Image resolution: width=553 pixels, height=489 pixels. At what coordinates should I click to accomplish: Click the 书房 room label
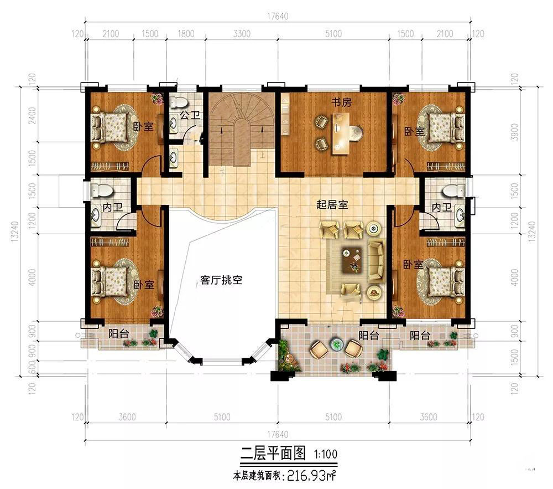(341, 102)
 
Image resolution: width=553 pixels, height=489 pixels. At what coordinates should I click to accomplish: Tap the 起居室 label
(332, 204)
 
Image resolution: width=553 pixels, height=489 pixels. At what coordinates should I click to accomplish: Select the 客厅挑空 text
(221, 280)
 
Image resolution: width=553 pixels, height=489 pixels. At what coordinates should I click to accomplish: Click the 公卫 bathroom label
(190, 115)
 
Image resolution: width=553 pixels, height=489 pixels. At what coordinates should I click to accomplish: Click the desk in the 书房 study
(341, 134)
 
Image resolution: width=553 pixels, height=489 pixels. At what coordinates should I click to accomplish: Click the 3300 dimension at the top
(242, 34)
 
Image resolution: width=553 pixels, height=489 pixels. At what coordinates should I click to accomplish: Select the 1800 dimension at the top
(185, 34)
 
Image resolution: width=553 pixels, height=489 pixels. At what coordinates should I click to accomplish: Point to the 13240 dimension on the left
(14, 231)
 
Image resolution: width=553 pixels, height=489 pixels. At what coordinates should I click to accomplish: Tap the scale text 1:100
(326, 454)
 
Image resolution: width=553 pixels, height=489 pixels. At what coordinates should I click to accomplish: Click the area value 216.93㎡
(311, 476)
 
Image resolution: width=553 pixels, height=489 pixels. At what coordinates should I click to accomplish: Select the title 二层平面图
(273, 454)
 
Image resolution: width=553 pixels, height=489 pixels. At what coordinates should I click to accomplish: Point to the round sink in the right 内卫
(460, 214)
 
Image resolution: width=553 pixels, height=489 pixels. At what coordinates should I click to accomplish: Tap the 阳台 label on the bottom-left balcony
(118, 333)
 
